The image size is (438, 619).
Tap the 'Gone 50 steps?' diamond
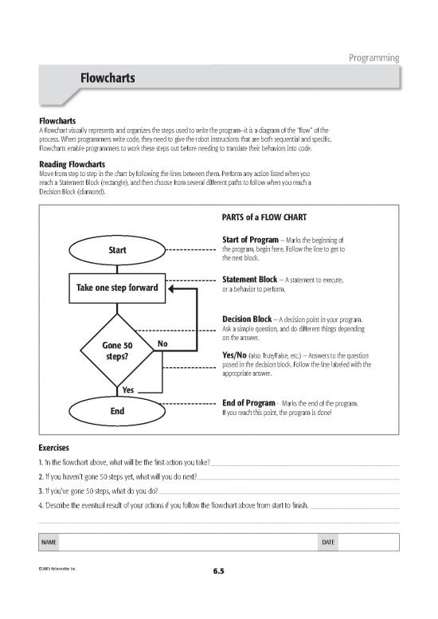click(x=118, y=351)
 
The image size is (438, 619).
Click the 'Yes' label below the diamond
click(x=127, y=390)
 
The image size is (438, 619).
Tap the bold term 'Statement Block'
click(x=249, y=280)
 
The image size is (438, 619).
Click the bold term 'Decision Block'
click(x=248, y=320)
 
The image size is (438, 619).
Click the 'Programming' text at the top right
click(x=373, y=57)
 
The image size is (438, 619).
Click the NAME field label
click(x=49, y=543)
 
